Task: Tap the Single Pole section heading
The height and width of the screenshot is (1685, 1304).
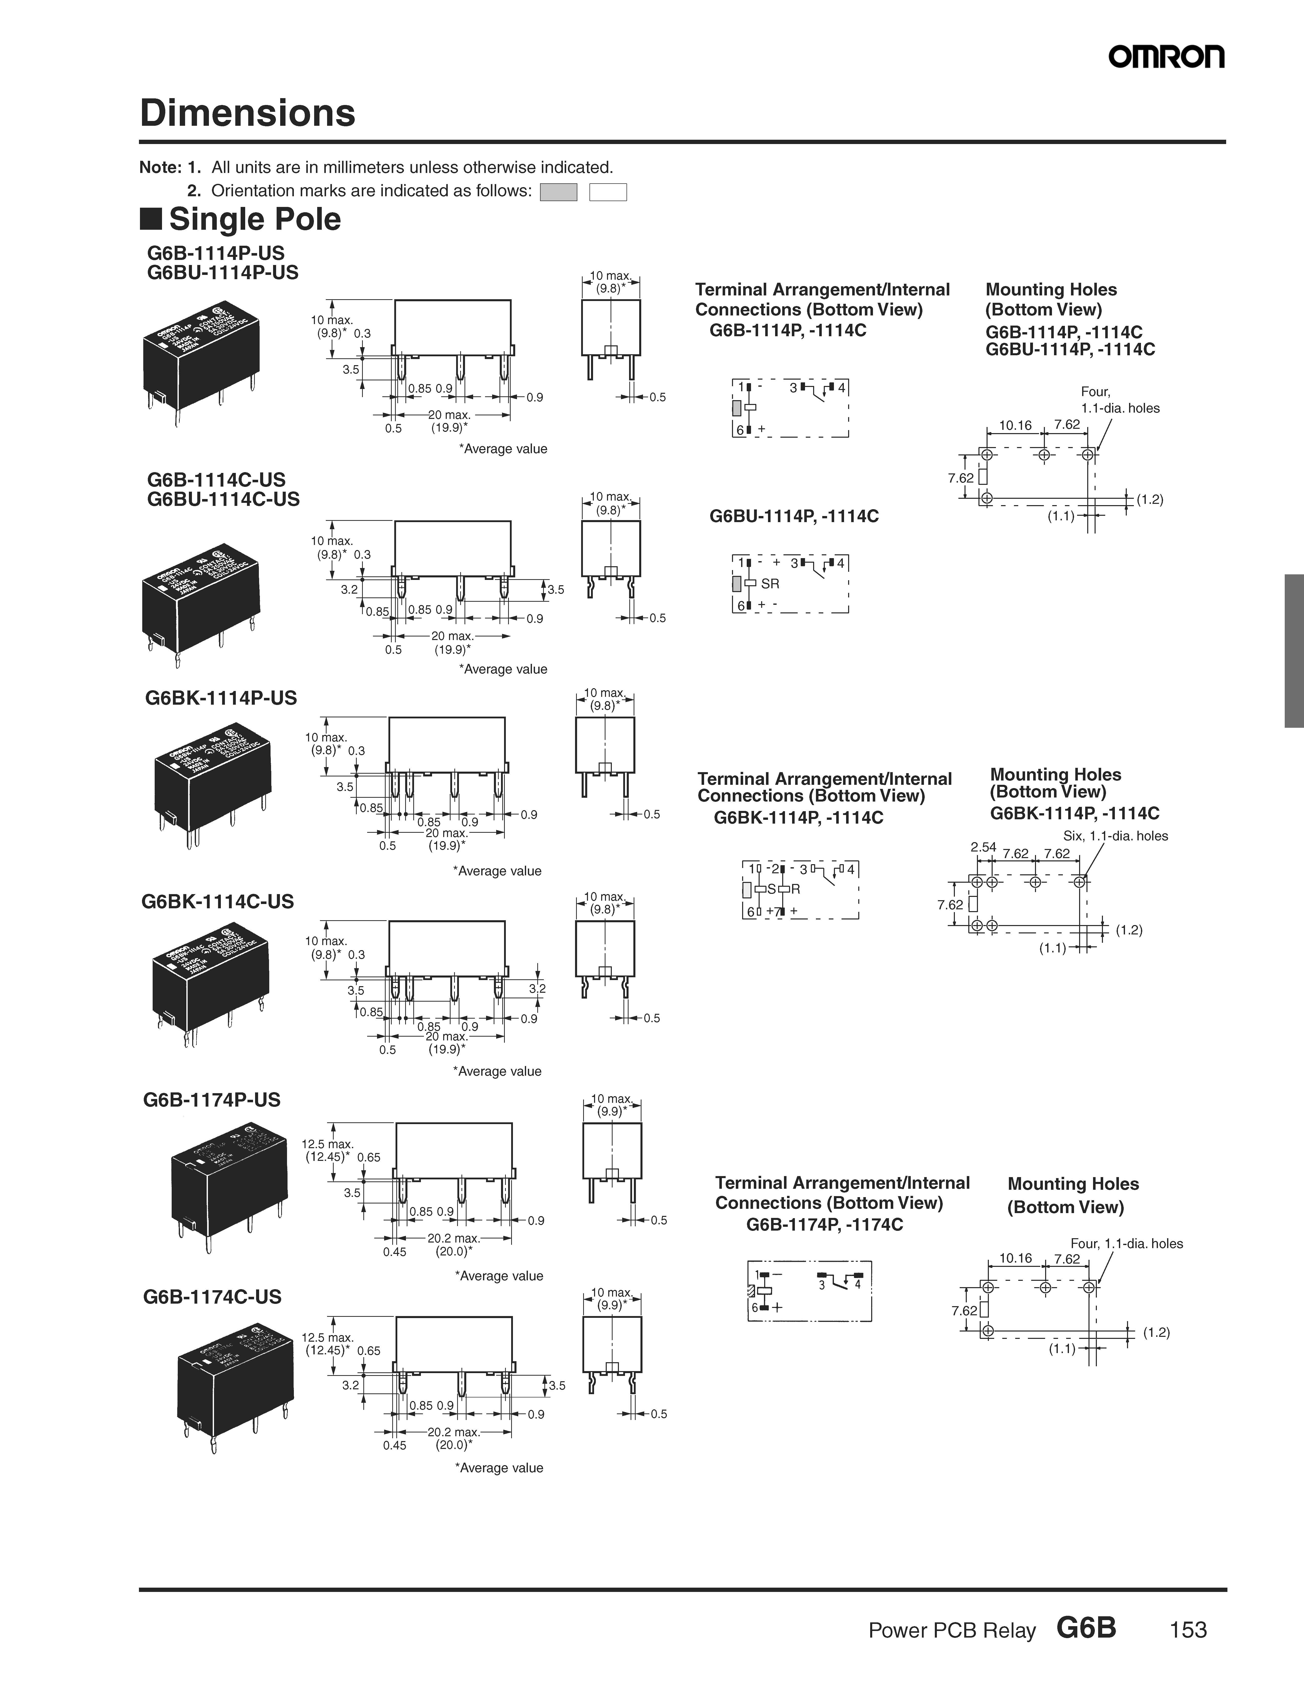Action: (x=255, y=219)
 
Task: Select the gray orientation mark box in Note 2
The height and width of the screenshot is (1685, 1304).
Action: (x=559, y=192)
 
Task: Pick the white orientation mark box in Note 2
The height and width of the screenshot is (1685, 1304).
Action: (x=608, y=192)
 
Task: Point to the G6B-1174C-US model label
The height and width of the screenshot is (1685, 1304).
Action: (x=212, y=1297)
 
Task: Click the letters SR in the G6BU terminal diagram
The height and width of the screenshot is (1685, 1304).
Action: (x=770, y=584)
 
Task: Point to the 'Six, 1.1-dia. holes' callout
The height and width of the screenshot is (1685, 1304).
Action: (x=1115, y=836)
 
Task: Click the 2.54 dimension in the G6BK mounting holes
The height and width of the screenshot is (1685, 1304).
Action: (x=984, y=847)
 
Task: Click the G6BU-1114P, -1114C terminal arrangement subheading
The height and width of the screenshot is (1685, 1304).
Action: (x=794, y=516)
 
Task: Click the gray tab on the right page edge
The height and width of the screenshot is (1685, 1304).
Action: (x=1294, y=650)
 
